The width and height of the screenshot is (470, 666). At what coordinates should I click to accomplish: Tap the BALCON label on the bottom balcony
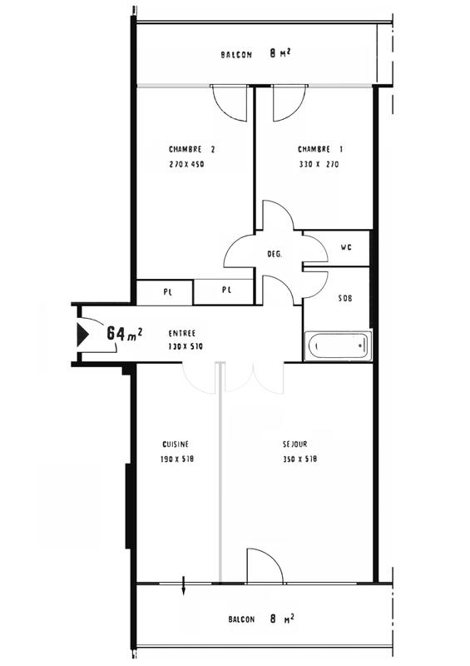point(242,619)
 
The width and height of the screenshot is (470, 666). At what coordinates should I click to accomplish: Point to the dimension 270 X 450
point(186,165)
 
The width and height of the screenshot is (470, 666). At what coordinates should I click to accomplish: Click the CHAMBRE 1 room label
point(319,150)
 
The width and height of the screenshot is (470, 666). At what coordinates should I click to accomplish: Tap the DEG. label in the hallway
point(274,254)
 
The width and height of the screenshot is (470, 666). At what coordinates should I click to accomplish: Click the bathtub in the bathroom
point(338,346)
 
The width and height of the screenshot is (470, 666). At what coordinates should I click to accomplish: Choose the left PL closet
point(166,291)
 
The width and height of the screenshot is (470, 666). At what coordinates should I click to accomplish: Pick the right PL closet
point(225,291)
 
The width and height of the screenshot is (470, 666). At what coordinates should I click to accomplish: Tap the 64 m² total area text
point(125,333)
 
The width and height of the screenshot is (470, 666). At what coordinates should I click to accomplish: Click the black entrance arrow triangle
point(82,335)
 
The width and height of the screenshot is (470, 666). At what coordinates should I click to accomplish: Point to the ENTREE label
point(183,331)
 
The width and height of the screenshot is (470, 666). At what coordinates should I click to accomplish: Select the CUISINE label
point(176,445)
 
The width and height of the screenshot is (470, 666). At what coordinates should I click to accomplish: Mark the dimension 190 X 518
point(176,460)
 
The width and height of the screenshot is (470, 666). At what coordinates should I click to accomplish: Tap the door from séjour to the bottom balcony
point(264,569)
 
